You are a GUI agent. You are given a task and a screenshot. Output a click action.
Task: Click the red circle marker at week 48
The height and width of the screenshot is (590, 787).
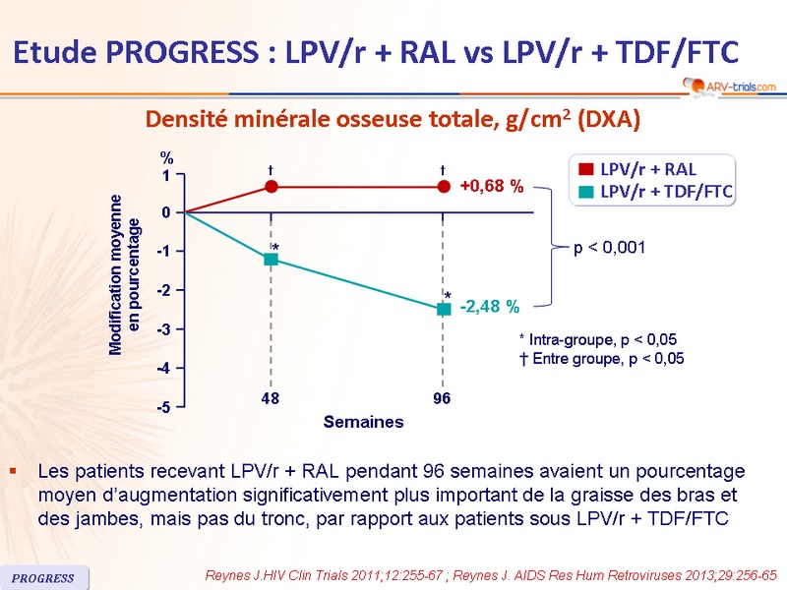click(272, 186)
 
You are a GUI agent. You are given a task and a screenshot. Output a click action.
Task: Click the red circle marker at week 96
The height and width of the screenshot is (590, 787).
click(444, 186)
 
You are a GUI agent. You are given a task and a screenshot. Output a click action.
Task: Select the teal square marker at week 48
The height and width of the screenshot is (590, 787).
click(272, 259)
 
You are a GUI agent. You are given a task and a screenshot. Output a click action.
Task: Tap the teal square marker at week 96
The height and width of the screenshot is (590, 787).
click(444, 309)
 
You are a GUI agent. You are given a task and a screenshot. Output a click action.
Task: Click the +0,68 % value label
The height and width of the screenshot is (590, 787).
click(492, 186)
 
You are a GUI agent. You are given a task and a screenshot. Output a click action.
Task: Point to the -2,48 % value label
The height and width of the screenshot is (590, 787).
click(490, 308)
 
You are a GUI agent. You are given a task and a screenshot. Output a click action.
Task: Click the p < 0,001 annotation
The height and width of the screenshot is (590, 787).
click(609, 247)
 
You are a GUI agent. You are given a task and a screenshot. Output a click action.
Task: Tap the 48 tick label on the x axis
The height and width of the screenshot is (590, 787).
click(272, 399)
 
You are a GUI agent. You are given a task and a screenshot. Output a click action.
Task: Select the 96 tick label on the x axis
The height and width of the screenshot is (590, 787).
click(443, 399)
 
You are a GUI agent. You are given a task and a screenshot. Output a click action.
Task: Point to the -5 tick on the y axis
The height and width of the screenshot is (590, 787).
click(168, 407)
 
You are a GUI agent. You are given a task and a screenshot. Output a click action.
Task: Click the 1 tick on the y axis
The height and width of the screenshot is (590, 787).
click(167, 176)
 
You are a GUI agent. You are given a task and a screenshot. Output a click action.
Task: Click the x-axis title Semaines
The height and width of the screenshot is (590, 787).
click(364, 422)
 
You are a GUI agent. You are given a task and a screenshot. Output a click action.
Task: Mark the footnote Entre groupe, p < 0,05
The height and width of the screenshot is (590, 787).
click(600, 359)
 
